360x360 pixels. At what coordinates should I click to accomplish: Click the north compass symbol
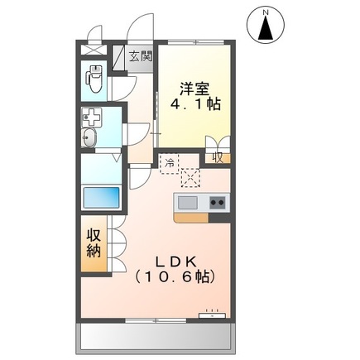pyautogui.click(x=266, y=26)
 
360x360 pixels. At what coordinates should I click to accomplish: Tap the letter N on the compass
pyautogui.click(x=266, y=12)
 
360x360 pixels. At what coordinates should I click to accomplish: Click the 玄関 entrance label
pyautogui.click(x=140, y=57)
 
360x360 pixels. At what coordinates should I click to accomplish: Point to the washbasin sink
pyautogui.click(x=90, y=137)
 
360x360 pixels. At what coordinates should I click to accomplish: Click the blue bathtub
pyautogui.click(x=102, y=199)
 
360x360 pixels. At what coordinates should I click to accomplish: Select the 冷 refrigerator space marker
pyautogui.click(x=169, y=161)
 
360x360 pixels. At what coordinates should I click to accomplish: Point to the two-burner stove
pyautogui.click(x=217, y=203)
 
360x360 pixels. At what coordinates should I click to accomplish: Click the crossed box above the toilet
pyautogui.click(x=94, y=48)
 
